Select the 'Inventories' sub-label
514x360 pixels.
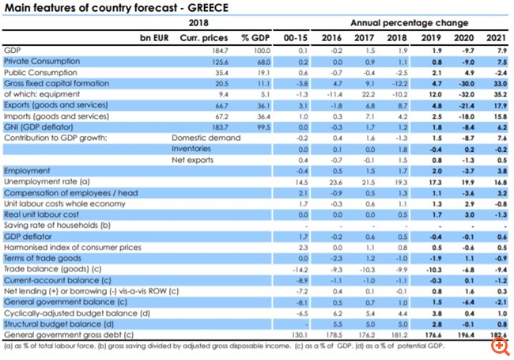click(x=191, y=149)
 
